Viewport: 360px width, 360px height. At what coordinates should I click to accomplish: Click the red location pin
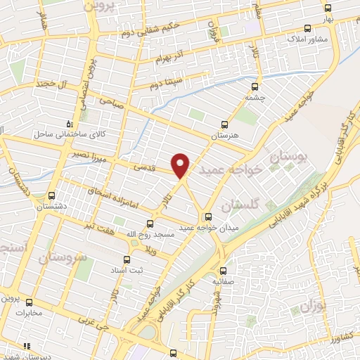tap(181, 165)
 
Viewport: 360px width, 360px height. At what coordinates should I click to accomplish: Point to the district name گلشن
tap(240, 205)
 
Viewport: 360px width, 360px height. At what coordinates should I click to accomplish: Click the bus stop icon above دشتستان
tap(51, 196)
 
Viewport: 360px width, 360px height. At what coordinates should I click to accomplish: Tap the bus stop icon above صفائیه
tap(224, 271)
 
